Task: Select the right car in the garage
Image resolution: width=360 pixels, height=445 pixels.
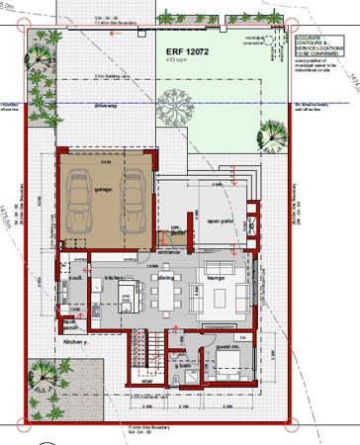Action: tap(131, 195)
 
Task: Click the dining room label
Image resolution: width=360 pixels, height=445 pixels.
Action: tap(165, 278)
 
